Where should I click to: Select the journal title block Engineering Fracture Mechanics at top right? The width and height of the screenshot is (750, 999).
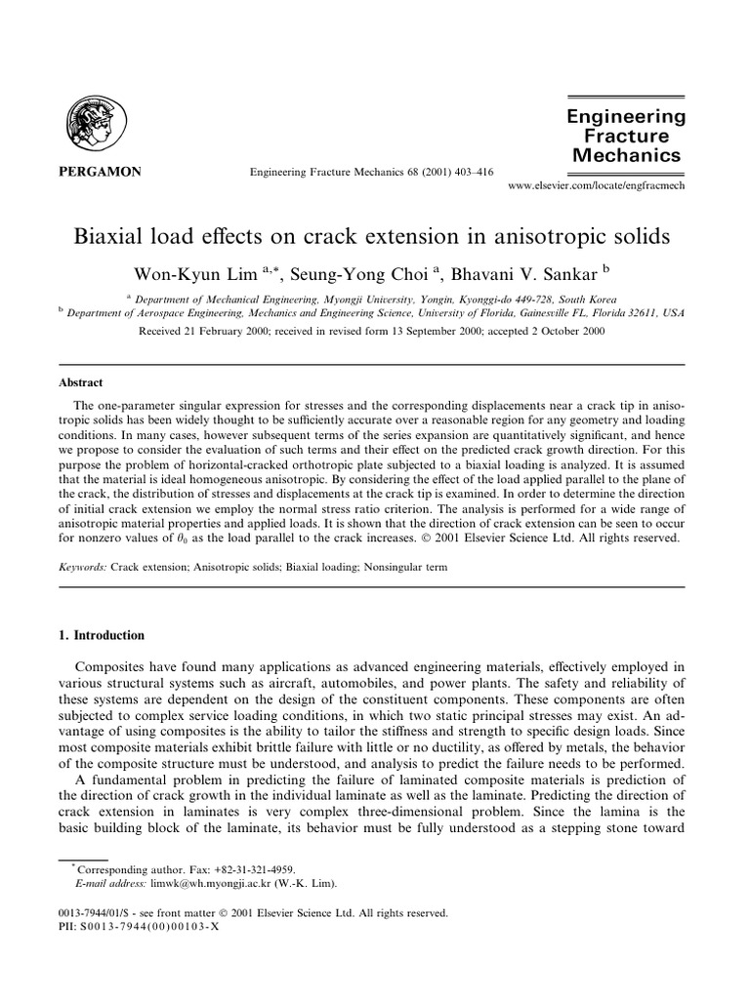tap(627, 135)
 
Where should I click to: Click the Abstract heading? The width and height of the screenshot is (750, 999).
tap(81, 382)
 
